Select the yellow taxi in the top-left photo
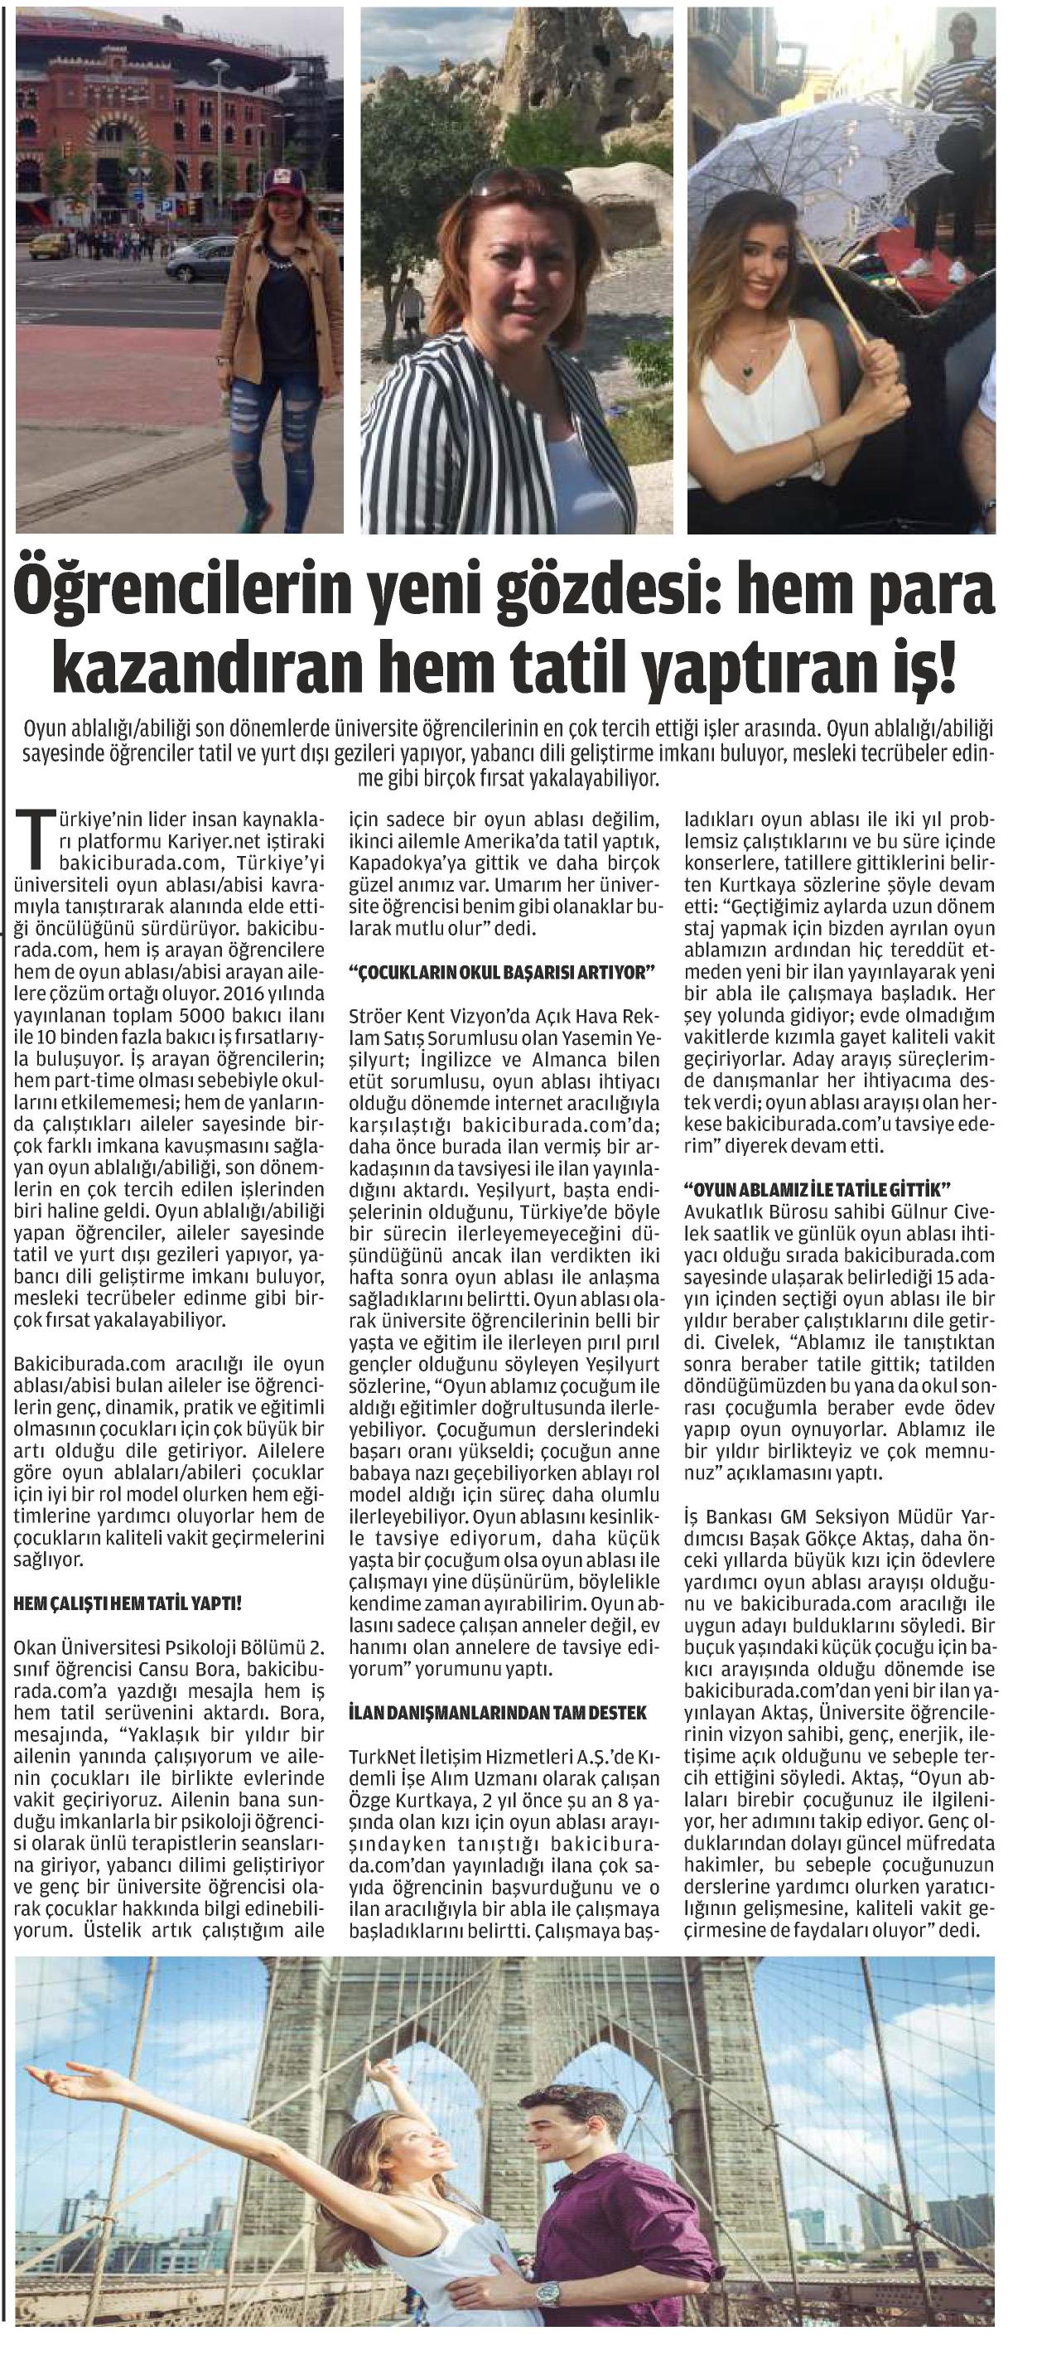pos(50,245)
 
